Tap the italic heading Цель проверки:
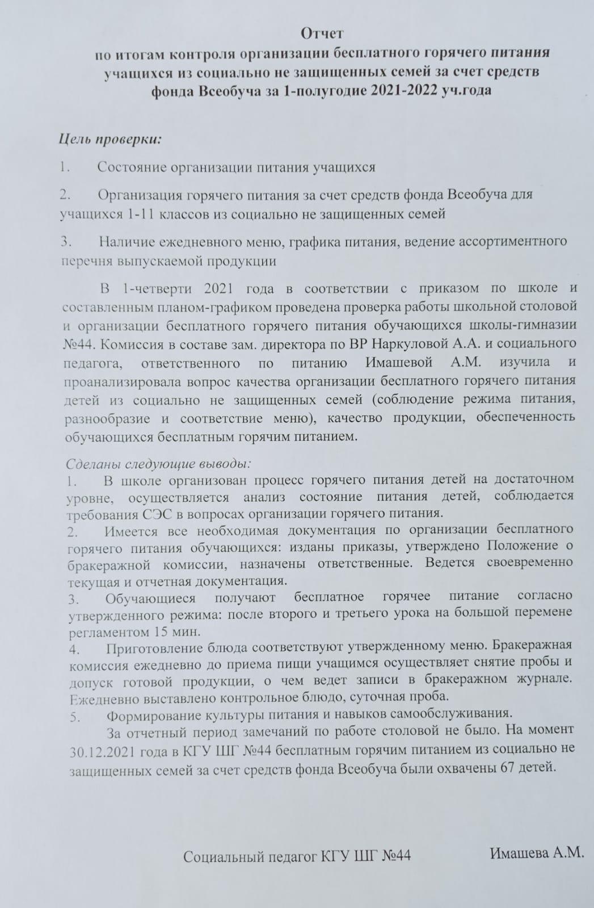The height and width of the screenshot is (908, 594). (x=111, y=140)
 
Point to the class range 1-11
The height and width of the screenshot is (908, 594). (x=142, y=214)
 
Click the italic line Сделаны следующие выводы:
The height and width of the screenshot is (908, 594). (x=158, y=464)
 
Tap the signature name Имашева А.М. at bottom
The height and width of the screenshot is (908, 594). (x=536, y=853)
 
